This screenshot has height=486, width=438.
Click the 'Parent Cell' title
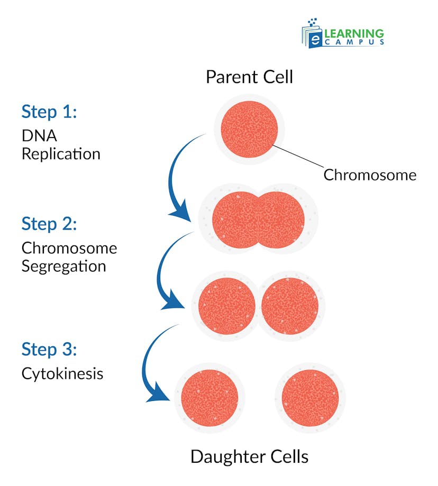click(x=249, y=77)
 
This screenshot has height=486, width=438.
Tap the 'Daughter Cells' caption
click(x=249, y=456)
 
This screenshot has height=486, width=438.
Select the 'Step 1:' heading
click(x=49, y=112)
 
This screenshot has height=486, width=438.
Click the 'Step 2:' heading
click(x=49, y=224)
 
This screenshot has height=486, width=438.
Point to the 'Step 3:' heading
click(x=49, y=350)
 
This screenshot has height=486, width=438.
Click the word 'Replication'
click(x=61, y=154)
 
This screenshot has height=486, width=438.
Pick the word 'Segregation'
click(x=63, y=265)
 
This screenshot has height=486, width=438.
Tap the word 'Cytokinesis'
click(x=62, y=374)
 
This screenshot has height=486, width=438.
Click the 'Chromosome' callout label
click(x=370, y=175)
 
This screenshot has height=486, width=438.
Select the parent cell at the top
click(x=249, y=129)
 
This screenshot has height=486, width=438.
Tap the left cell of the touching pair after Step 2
click(x=227, y=306)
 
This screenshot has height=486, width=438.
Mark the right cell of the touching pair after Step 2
click(x=290, y=306)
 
